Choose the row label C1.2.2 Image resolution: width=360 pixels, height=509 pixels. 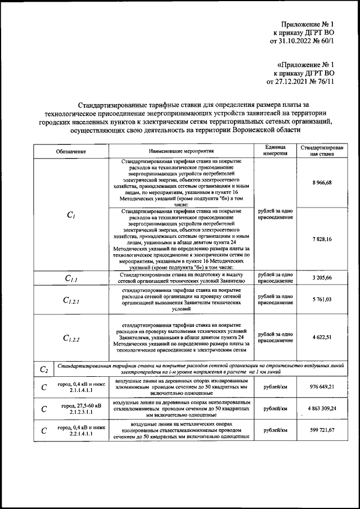(x=71, y=339)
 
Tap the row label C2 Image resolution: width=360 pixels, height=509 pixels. (x=44, y=369)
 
